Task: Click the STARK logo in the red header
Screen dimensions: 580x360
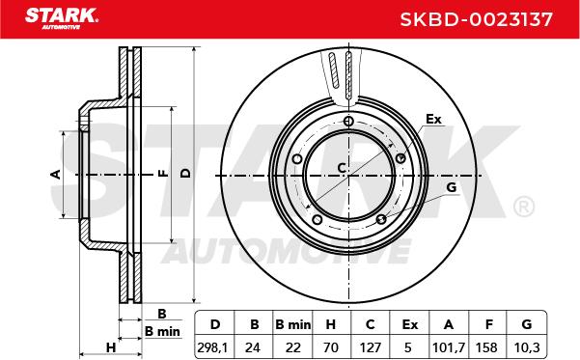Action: click(x=62, y=18)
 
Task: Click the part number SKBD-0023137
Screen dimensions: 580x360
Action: click(x=477, y=19)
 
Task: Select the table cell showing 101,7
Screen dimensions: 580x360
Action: click(x=449, y=347)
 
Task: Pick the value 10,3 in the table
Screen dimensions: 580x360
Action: click(x=527, y=347)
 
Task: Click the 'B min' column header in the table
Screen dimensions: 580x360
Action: click(x=293, y=324)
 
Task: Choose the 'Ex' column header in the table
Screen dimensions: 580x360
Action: click(x=410, y=324)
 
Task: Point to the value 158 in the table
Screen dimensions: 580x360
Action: click(x=486, y=347)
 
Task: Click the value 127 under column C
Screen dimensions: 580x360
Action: click(x=371, y=347)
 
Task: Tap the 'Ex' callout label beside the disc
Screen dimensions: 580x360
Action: click(x=433, y=119)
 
